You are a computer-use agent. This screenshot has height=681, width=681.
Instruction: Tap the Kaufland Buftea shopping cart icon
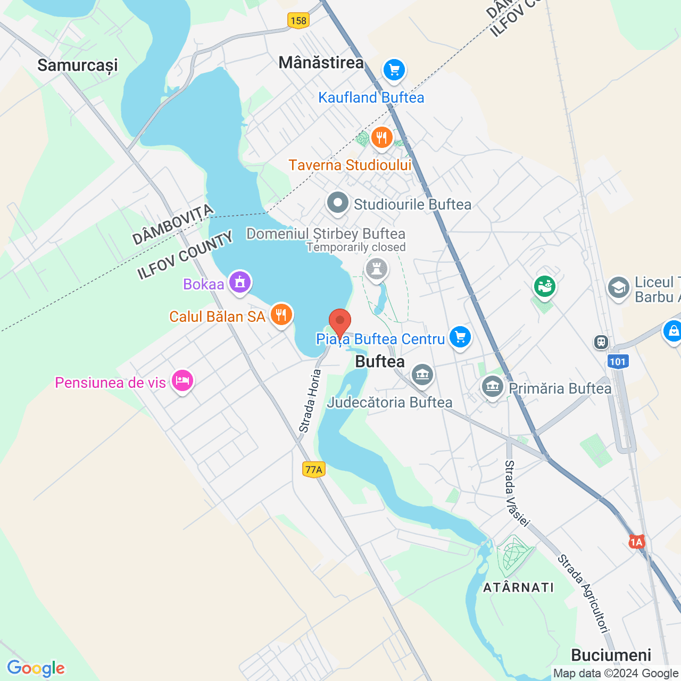(x=394, y=70)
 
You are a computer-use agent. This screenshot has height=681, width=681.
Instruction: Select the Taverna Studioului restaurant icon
(x=381, y=138)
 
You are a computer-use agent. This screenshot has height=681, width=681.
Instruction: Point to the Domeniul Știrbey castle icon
(x=377, y=269)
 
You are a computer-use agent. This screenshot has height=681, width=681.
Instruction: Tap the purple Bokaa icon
(x=240, y=283)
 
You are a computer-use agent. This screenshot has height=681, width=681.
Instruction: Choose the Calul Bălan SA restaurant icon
(x=281, y=315)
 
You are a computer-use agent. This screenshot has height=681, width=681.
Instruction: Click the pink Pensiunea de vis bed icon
(x=182, y=381)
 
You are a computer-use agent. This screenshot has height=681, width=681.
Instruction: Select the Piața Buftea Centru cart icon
(x=460, y=337)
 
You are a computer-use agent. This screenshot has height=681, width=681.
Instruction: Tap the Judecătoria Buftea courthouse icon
(x=422, y=375)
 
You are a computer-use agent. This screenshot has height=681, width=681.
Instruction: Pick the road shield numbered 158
(x=298, y=21)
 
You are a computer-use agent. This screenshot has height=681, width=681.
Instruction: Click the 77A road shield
(x=314, y=469)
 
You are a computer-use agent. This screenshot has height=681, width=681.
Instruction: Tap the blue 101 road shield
(x=618, y=362)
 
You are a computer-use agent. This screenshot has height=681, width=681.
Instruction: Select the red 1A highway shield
(x=637, y=542)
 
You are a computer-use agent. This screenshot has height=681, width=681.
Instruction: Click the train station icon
(x=601, y=342)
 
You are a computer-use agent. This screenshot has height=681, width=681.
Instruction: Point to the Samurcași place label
(x=78, y=65)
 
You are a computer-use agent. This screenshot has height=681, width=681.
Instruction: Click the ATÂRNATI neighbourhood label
(x=518, y=587)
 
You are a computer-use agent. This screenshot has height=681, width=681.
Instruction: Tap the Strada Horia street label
(x=310, y=401)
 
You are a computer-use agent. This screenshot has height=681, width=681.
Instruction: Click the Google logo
(x=36, y=668)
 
